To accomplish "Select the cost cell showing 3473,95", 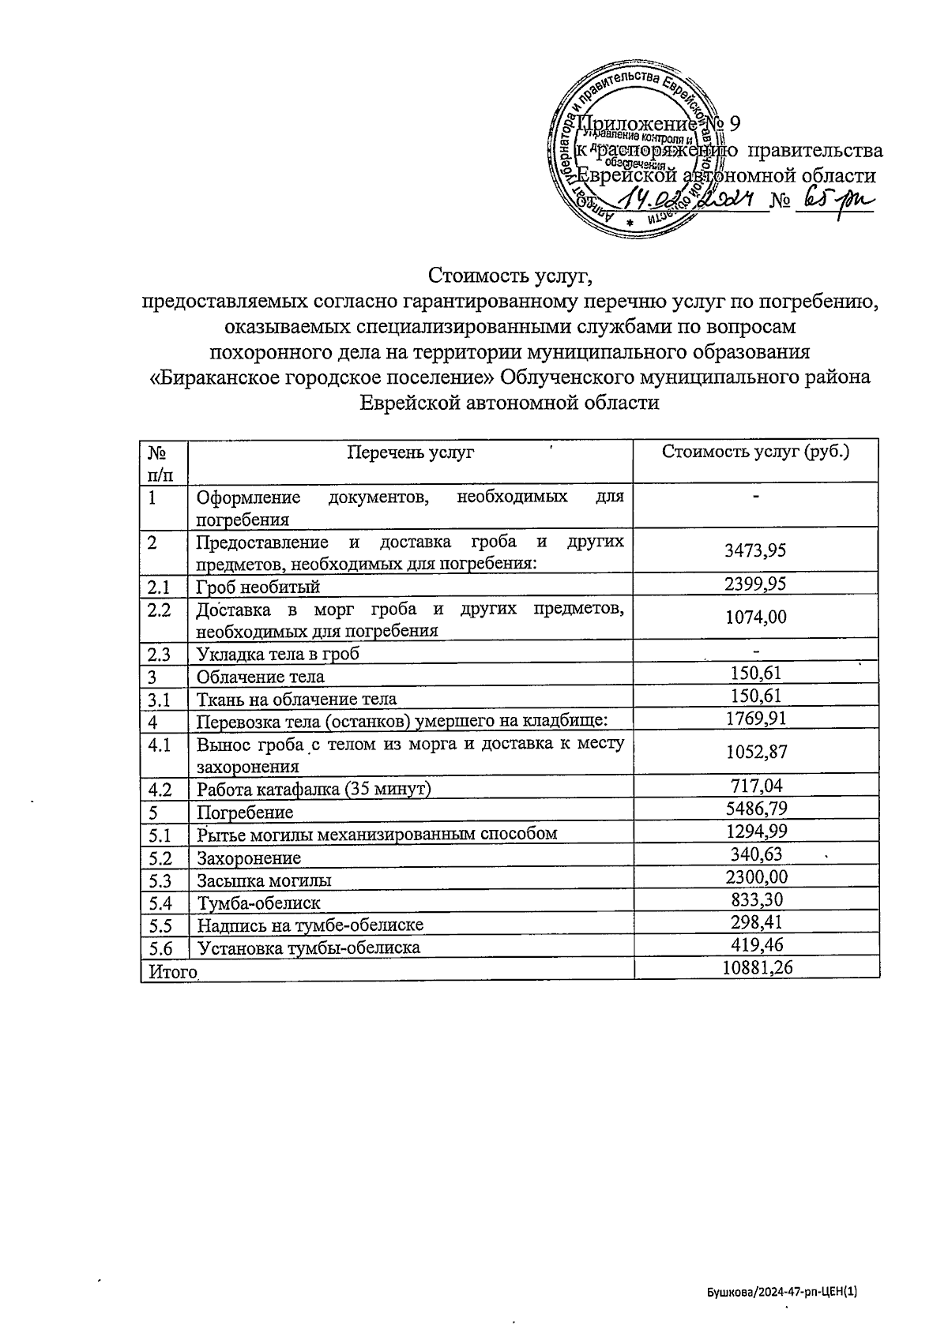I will (x=756, y=550).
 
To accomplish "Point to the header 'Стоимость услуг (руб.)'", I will (x=756, y=452).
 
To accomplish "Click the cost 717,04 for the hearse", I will (x=756, y=786).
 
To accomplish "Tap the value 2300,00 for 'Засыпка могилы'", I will (x=756, y=877).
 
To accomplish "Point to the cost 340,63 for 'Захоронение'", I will (x=756, y=855).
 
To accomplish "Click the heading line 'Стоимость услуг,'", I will (x=510, y=276).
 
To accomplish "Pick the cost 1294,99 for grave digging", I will (x=756, y=831).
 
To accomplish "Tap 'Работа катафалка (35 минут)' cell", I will (x=314, y=789).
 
